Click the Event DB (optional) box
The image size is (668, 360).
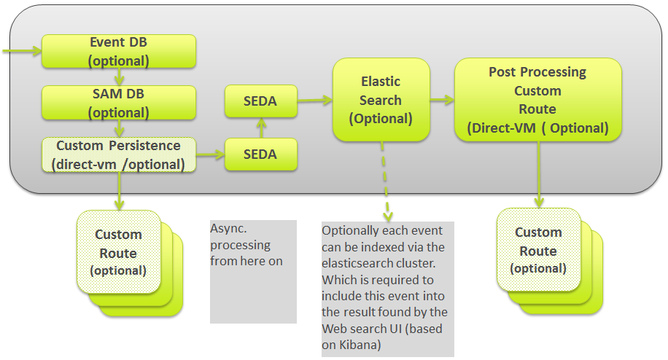click(x=119, y=52)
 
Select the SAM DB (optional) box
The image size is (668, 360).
click(x=119, y=103)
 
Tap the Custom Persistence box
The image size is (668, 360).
click(x=119, y=154)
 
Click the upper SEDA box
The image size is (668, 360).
click(x=260, y=101)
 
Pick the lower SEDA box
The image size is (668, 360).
click(x=260, y=154)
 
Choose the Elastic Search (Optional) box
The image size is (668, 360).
click(x=380, y=100)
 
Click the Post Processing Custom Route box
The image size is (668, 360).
click(x=537, y=100)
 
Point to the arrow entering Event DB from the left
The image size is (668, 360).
click(x=22, y=52)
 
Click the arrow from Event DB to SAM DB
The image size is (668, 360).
click(x=119, y=77)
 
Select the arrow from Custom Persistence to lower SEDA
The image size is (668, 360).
click(x=210, y=154)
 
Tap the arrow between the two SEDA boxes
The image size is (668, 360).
click(x=260, y=128)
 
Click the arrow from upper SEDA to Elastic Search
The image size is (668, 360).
click(x=314, y=101)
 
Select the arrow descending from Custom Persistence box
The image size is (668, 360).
click(x=119, y=191)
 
